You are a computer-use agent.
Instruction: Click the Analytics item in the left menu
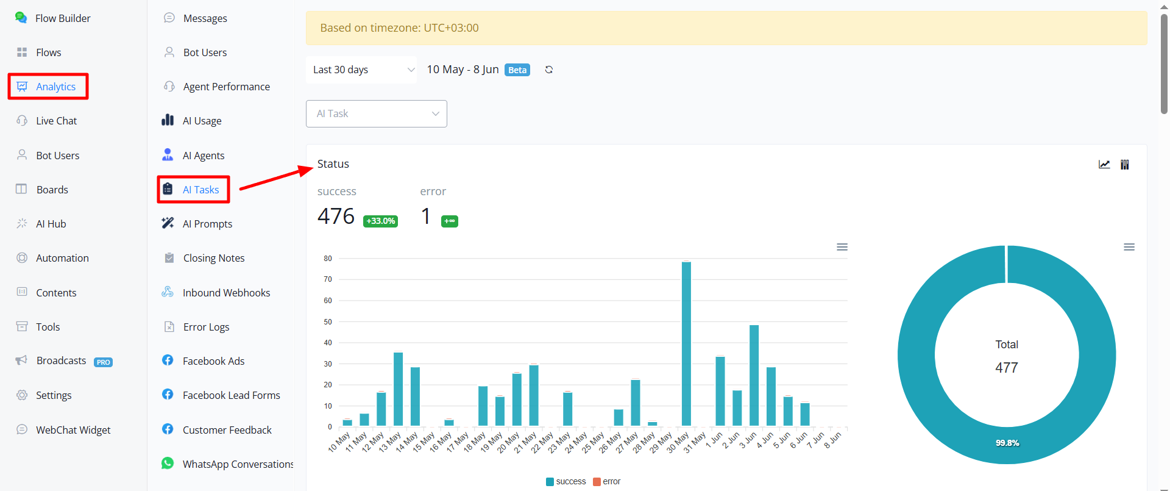[x=55, y=87]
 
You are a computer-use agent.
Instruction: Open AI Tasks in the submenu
[x=200, y=190]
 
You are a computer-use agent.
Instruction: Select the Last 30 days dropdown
[x=361, y=70]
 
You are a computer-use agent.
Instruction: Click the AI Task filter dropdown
[x=377, y=113]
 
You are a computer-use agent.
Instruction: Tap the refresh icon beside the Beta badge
[x=549, y=70]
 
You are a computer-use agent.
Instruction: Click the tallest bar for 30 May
[x=686, y=343]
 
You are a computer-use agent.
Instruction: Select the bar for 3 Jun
[x=754, y=375]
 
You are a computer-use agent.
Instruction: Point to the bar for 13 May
[x=398, y=389]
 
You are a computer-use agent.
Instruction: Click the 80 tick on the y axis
[x=328, y=259]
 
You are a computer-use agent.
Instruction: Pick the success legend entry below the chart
[x=566, y=481]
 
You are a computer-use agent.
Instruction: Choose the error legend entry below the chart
[x=607, y=481]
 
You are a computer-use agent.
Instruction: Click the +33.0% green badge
[x=381, y=221]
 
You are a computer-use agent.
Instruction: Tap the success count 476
[x=336, y=217]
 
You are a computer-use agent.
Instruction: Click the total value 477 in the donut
[x=1007, y=368]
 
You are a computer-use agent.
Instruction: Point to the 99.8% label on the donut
[x=1007, y=443]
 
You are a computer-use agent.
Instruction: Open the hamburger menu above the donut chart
[x=1129, y=247]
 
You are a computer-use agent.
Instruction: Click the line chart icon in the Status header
[x=1104, y=164]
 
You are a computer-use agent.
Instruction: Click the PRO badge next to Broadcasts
[x=103, y=362]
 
